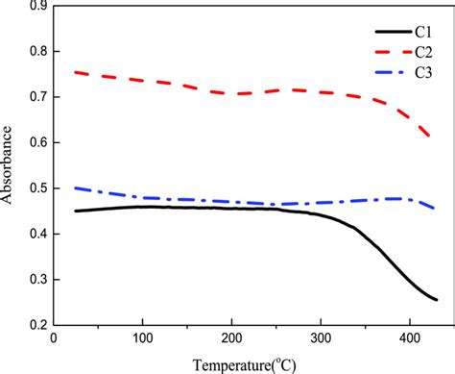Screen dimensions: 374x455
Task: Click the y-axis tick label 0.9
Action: tap(36, 6)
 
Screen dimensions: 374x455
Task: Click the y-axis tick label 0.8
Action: tap(36, 51)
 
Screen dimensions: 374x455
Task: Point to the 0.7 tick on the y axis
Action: tap(36, 97)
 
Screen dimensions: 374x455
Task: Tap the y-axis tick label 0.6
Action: tap(36, 142)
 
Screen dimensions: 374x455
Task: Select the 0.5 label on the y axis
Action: tap(36, 188)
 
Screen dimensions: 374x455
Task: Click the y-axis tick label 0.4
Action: tap(36, 234)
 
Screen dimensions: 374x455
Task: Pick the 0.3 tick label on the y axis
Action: tap(36, 280)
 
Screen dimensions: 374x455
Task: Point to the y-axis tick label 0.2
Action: tap(36, 325)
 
